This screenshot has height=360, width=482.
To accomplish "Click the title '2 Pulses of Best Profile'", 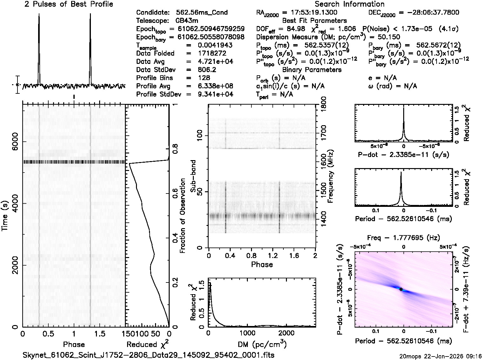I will point(69,4).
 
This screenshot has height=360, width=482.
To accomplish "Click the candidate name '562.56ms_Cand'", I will point(202,13).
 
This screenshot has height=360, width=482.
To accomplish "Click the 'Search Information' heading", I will point(350,4).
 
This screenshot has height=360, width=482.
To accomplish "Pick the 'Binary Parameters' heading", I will point(312,70).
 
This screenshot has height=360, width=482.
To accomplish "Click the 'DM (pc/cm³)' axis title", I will point(262,344).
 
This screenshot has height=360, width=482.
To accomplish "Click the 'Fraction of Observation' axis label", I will point(183,216).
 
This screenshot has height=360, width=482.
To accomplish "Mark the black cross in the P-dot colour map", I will point(401,289).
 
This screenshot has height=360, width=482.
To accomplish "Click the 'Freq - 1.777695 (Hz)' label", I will point(404,238).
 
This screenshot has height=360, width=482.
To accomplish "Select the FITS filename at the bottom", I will point(149,355).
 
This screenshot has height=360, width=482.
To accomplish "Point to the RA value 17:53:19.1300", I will point(310,13).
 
